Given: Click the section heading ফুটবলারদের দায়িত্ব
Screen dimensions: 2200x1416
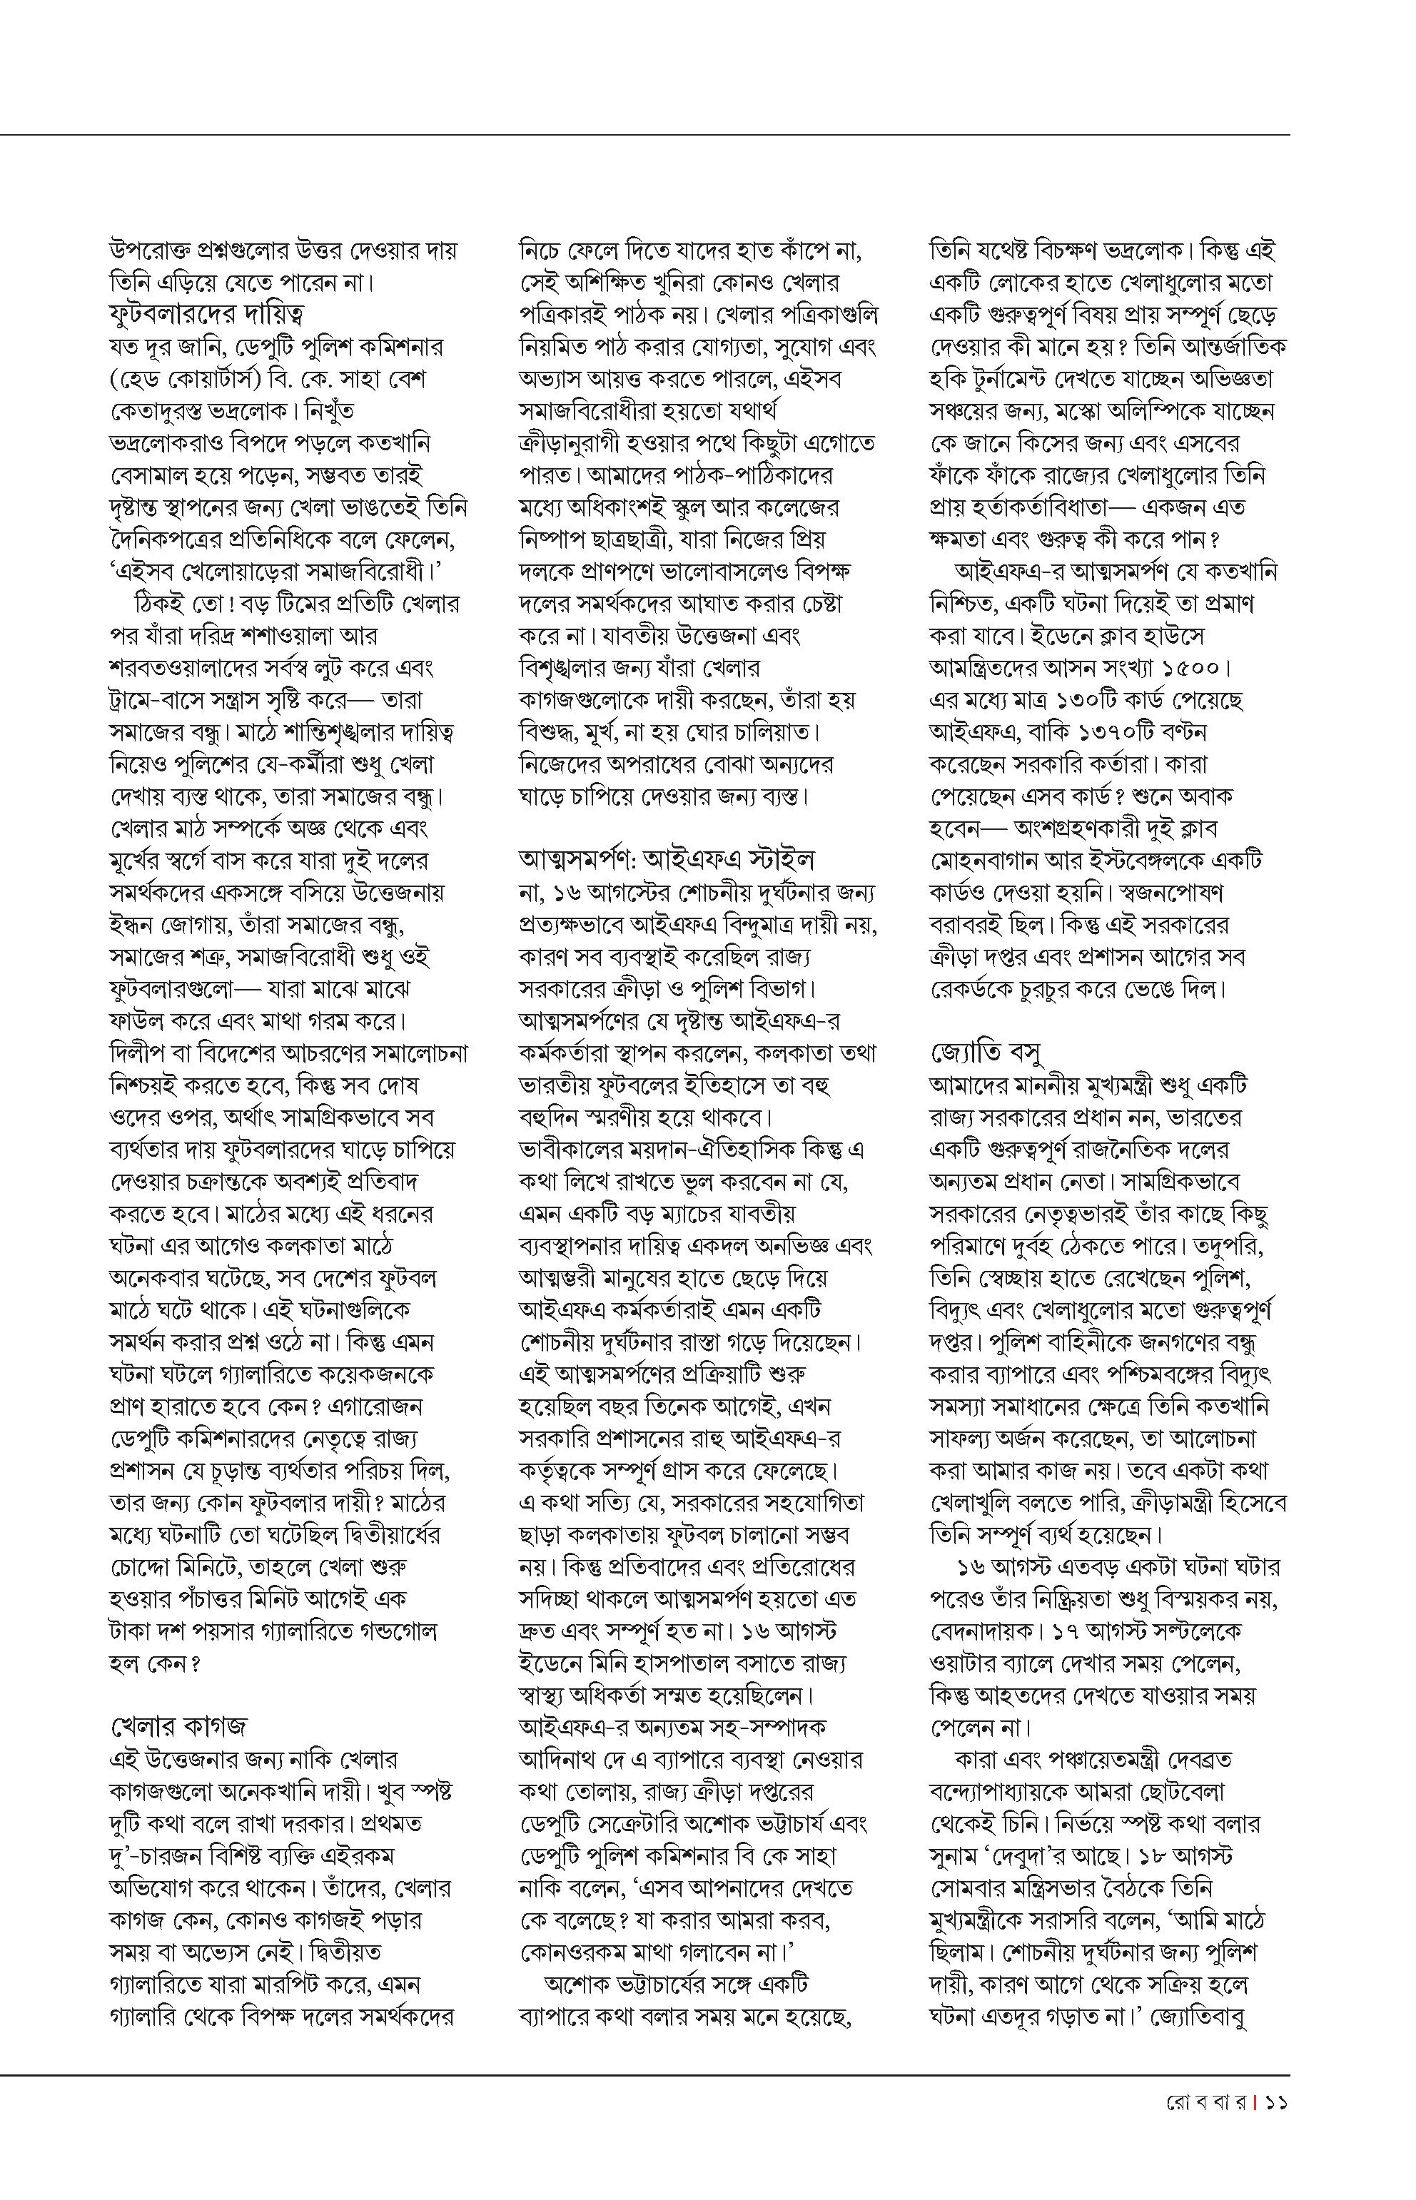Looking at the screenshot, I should pyautogui.click(x=207, y=315).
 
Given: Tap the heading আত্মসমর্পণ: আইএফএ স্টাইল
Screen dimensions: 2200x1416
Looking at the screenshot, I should pyautogui.click(x=667, y=860).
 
